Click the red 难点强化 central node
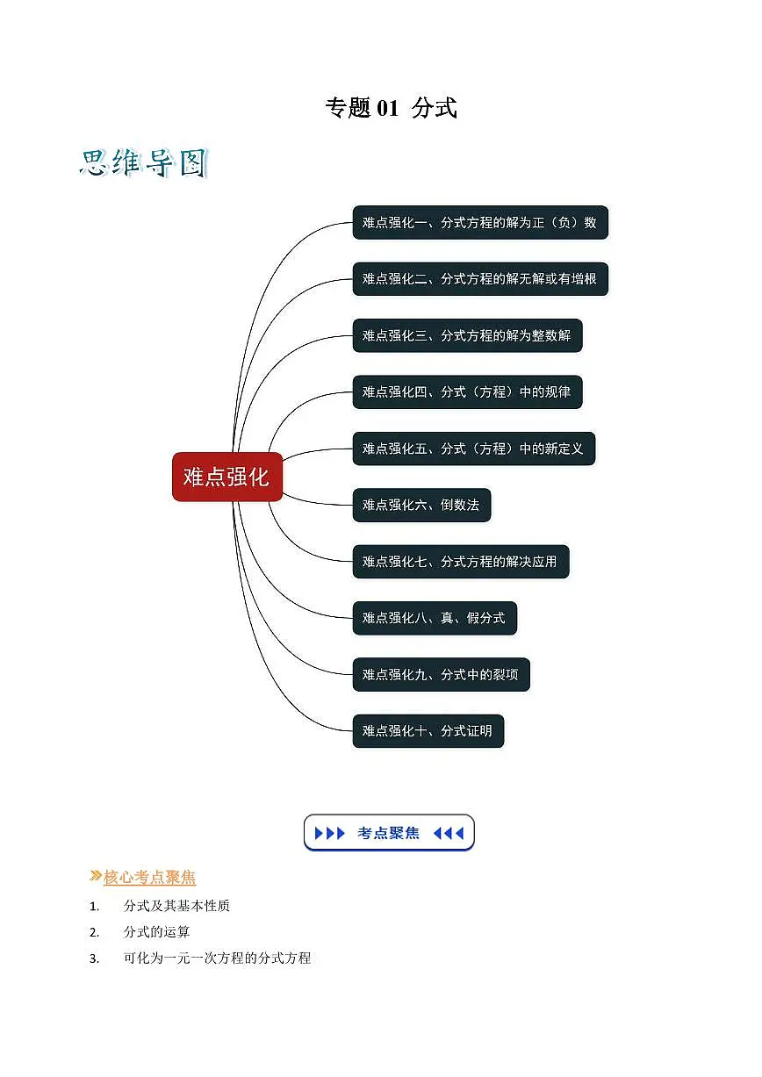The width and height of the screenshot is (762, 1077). pyautogui.click(x=226, y=477)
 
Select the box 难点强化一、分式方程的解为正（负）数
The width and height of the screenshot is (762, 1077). pyautogui.click(x=480, y=222)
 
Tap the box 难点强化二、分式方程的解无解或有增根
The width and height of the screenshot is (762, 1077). pyautogui.click(x=480, y=279)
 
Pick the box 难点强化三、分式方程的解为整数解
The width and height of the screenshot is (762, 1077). pyautogui.click(x=467, y=335)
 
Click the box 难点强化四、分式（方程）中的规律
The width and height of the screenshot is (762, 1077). pyautogui.click(x=467, y=391)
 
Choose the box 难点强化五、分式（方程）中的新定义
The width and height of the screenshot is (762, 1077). pyautogui.click(x=474, y=449)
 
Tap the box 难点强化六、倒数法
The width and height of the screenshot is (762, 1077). pyautogui.click(x=421, y=505)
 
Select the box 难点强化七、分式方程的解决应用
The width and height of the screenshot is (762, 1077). pyautogui.click(x=461, y=561)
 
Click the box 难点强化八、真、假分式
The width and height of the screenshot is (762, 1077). pyautogui.click(x=435, y=618)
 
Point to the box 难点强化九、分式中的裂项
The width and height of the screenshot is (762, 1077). pyautogui.click(x=442, y=674)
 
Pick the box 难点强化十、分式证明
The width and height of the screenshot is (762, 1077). pyautogui.click(x=428, y=731)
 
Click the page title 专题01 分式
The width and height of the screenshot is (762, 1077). pyautogui.click(x=391, y=107)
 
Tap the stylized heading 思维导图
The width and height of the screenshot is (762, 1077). pyautogui.click(x=144, y=163)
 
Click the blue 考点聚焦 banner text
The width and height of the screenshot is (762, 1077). pyautogui.click(x=388, y=833)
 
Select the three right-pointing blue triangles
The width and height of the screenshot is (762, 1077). pyautogui.click(x=329, y=833)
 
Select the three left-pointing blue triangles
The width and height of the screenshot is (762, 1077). pyautogui.click(x=449, y=833)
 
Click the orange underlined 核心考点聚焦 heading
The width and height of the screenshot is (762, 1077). pyautogui.click(x=149, y=877)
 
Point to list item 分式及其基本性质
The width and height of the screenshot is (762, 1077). pyautogui.click(x=176, y=906)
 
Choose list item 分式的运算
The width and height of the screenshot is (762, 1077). pyautogui.click(x=156, y=932)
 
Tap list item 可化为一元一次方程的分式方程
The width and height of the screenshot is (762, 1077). pyautogui.click(x=217, y=958)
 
